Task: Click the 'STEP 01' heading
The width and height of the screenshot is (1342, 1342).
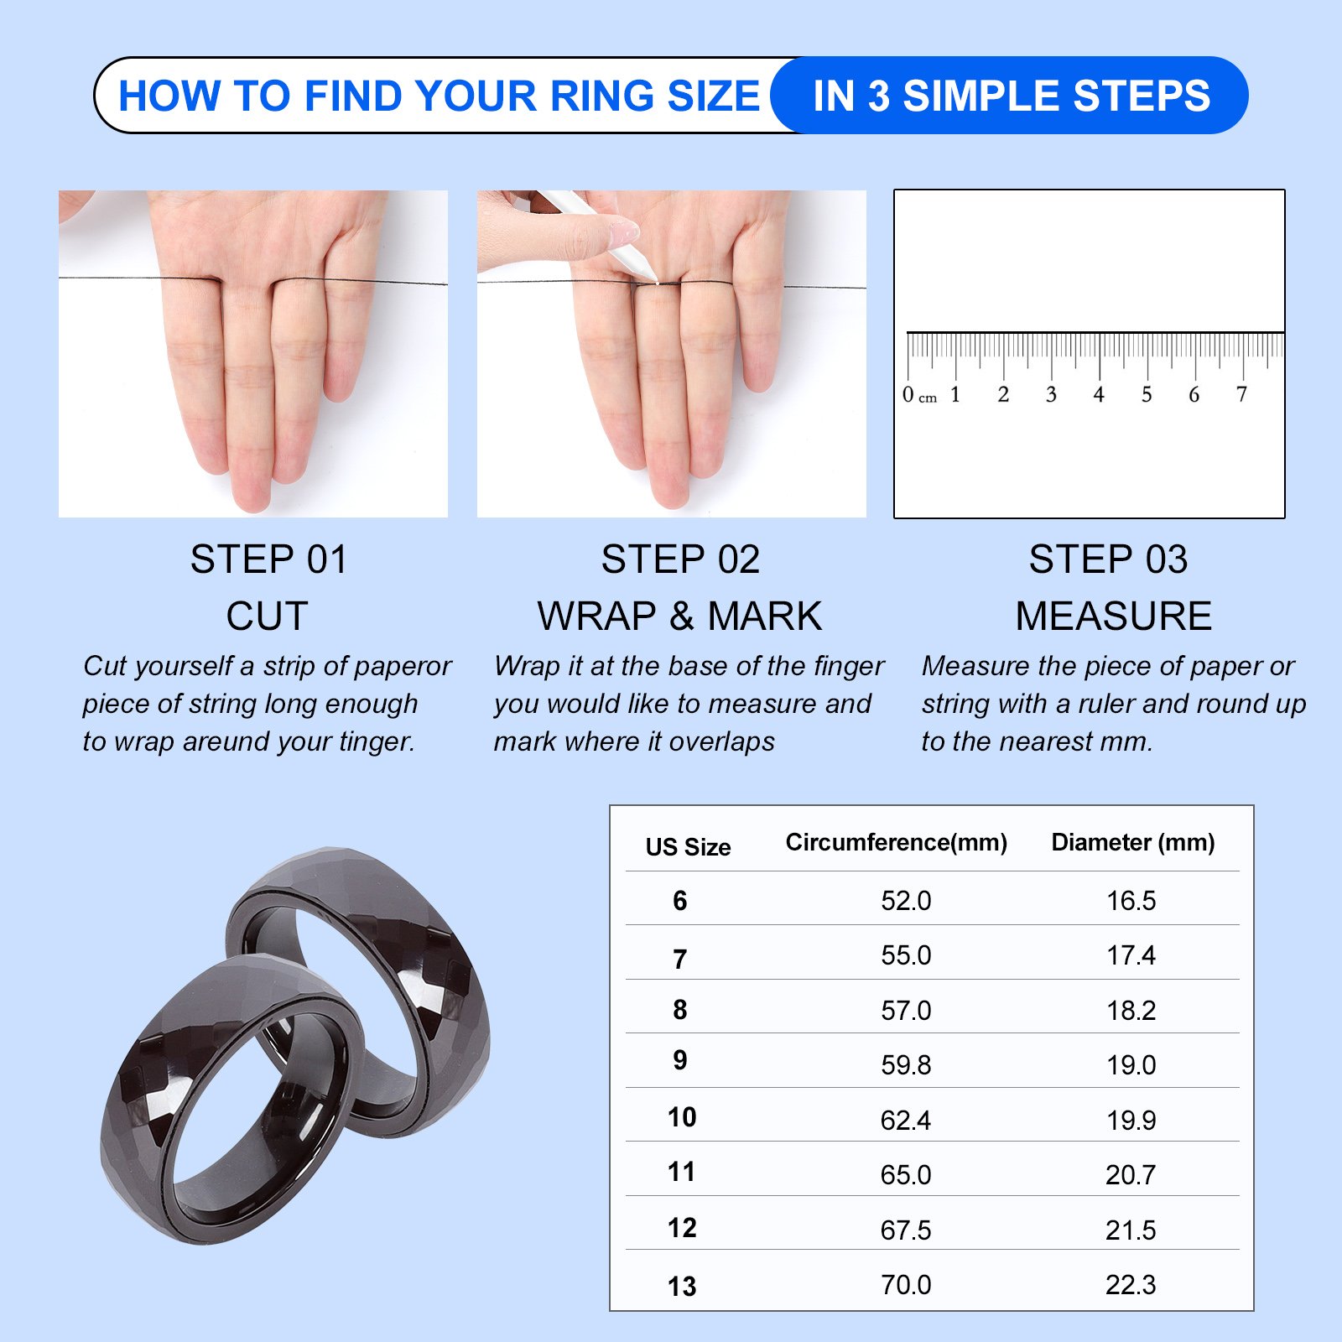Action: tap(268, 559)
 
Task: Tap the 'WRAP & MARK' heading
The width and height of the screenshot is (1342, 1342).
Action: tap(679, 616)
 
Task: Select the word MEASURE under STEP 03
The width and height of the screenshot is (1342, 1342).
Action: tap(1113, 616)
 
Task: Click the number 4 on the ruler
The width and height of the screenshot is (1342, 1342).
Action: tap(1098, 394)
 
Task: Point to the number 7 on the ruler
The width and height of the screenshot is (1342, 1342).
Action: tap(1241, 394)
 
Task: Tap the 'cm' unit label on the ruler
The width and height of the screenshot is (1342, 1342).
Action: tap(928, 398)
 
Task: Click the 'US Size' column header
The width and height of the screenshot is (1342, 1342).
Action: tap(688, 847)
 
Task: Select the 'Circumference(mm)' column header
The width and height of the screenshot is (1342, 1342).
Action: tap(896, 842)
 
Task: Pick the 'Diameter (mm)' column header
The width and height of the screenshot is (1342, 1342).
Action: tap(1132, 842)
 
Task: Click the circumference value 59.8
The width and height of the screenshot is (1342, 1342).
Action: tap(906, 1064)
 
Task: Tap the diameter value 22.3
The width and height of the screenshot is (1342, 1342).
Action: tap(1131, 1284)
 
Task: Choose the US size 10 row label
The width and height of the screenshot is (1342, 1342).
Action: tap(682, 1117)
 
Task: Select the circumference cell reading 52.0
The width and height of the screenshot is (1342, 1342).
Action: tap(906, 900)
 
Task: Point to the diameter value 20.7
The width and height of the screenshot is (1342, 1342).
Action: tap(1131, 1174)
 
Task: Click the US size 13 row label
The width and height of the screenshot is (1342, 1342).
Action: tap(682, 1286)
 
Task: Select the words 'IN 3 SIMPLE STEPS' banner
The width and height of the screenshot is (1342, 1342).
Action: tap(1012, 96)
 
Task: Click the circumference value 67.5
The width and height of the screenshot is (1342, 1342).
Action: tap(906, 1230)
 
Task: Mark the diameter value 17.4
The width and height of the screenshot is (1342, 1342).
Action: tap(1131, 954)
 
